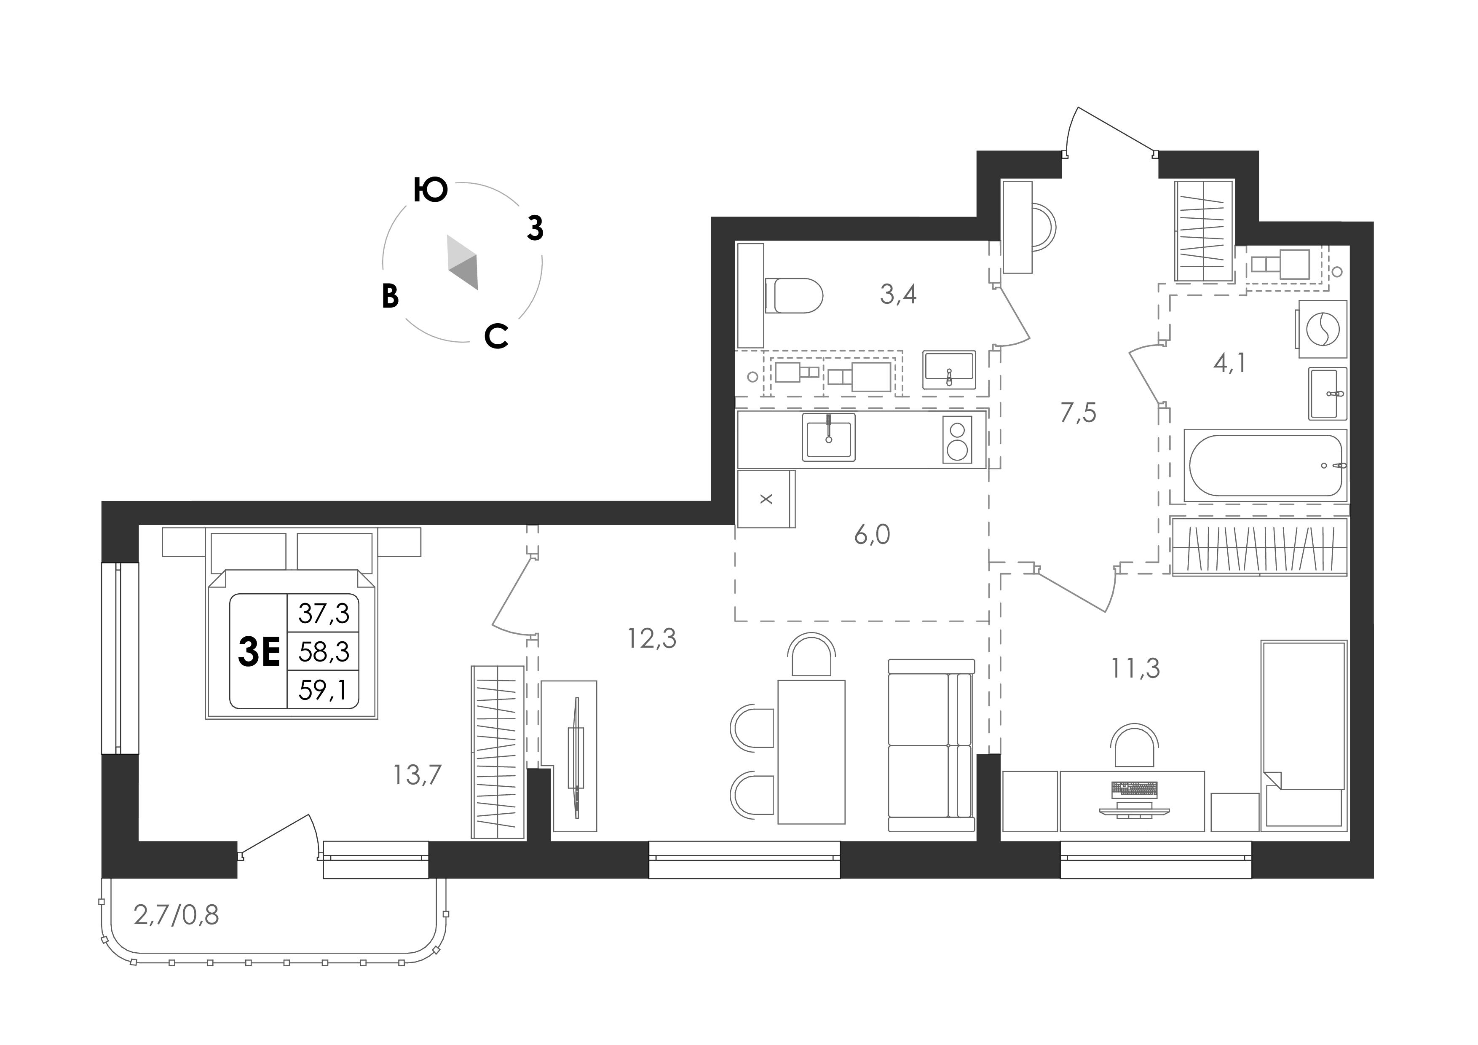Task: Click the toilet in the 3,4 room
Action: coord(794,295)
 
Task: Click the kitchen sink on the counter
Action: coord(828,437)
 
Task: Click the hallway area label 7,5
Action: coord(1078,413)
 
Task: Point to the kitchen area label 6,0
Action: coord(872,534)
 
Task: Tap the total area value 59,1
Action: coord(323,690)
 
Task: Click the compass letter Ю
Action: coord(430,190)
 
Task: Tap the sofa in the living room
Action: coord(932,745)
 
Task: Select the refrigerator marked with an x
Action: coord(766,499)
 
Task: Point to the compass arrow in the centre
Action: coord(463,262)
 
